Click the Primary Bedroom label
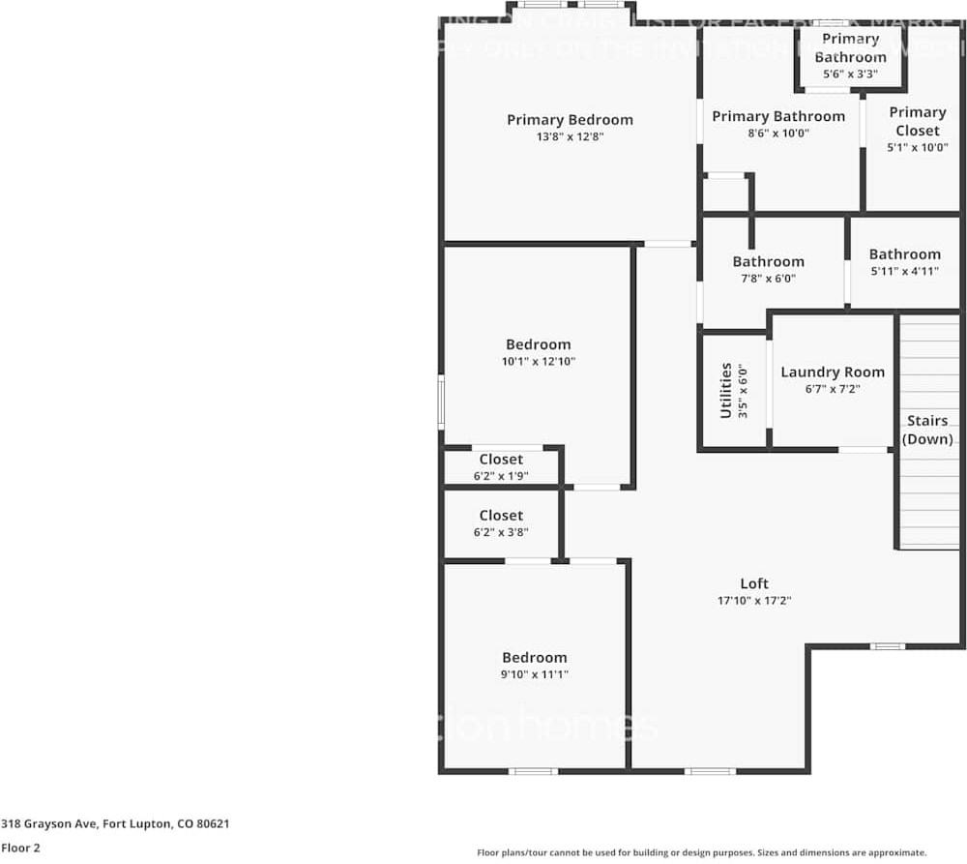tap(570, 120)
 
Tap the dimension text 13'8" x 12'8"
tap(570, 137)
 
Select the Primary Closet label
tap(917, 121)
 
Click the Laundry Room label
tap(832, 372)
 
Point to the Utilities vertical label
tap(725, 391)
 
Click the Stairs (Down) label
tap(926, 430)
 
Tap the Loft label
tap(754, 583)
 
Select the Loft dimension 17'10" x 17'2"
tap(754, 601)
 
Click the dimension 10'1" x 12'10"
tap(538, 362)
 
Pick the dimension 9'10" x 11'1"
tap(534, 674)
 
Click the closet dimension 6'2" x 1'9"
tap(500, 476)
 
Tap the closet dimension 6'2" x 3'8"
tap(500, 532)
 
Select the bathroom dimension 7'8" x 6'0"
tap(768, 279)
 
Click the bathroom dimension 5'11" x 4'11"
tap(904, 271)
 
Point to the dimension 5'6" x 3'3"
tap(850, 74)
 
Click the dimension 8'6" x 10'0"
tap(777, 134)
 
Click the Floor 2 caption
tap(20, 848)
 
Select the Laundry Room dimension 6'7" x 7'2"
tap(832, 389)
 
